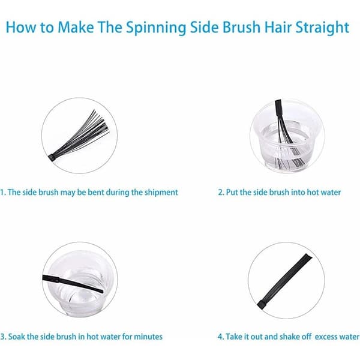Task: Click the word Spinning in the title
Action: pyautogui.click(x=156, y=28)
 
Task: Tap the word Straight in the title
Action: pyautogui.click(x=322, y=28)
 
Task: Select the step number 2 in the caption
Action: pyautogui.click(x=221, y=192)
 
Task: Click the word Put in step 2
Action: pyautogui.click(x=232, y=192)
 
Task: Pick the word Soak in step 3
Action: pyautogui.click(x=17, y=337)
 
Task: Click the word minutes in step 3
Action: pyautogui.click(x=148, y=337)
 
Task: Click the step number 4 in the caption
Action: pyautogui.click(x=221, y=337)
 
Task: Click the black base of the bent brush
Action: pyautogui.click(x=52, y=158)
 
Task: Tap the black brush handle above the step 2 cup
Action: pyautogui.click(x=278, y=108)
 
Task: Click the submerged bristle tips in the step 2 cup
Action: pyautogui.click(x=288, y=163)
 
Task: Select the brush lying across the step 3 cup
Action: pyautogui.click(x=73, y=284)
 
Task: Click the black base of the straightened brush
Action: pyautogui.click(x=261, y=305)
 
